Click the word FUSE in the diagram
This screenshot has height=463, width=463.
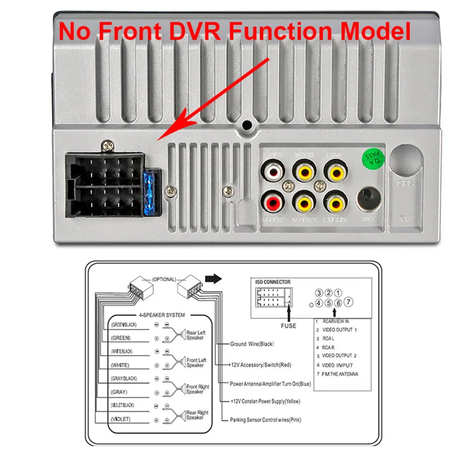288,325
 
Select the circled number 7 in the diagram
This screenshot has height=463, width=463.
349,302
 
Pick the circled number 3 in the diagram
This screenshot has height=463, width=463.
319,293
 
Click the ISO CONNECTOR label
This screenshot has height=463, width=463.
273,282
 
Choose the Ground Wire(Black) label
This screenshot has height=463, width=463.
252,344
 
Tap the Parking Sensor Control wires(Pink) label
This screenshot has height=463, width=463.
265,420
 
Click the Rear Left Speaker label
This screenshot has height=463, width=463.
195,335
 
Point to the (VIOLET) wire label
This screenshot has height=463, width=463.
121,419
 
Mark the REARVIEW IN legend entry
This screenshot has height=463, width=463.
336,321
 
